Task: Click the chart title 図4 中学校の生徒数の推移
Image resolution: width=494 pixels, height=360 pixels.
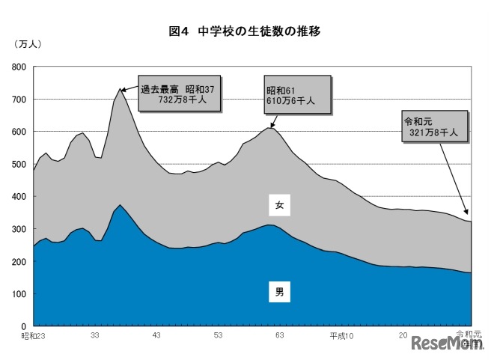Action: [246, 31]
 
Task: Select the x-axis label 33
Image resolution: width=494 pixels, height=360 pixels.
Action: [95, 336]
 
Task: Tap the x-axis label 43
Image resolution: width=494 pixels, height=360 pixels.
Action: [156, 336]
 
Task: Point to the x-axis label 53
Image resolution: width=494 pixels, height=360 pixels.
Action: [218, 336]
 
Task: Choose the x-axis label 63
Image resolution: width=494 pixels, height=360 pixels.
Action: [279, 336]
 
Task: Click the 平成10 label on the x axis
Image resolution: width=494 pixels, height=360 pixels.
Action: [341, 336]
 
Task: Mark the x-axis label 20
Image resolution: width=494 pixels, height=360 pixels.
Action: [403, 336]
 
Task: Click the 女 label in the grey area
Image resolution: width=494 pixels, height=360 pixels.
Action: [279, 204]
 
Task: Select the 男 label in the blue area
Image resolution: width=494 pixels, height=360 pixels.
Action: [279, 292]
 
